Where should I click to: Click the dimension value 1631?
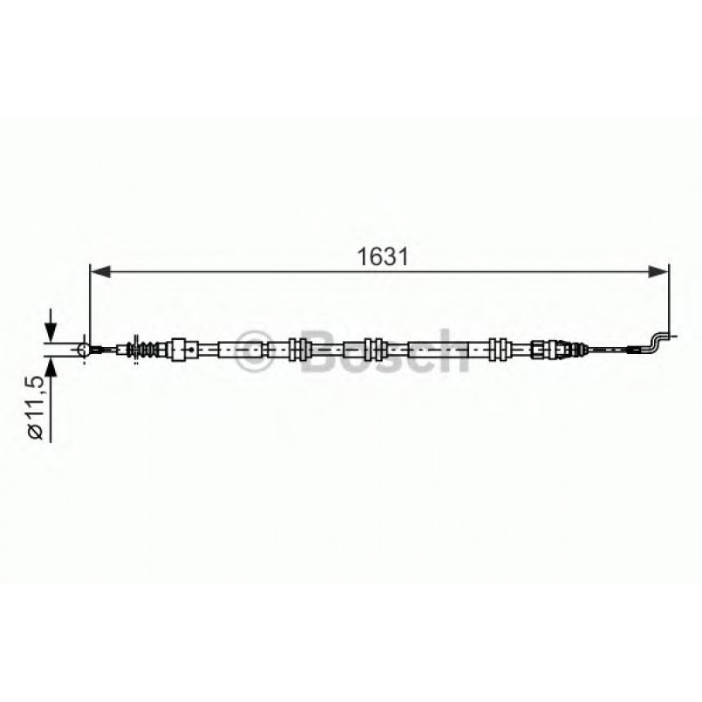point(382,257)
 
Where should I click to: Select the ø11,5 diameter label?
point(35,410)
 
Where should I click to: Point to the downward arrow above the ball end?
point(51,329)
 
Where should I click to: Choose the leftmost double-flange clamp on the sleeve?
point(299,350)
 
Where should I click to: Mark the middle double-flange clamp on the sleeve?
point(375,350)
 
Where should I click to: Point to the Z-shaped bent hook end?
point(659,341)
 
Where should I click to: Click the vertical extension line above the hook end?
point(669,296)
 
